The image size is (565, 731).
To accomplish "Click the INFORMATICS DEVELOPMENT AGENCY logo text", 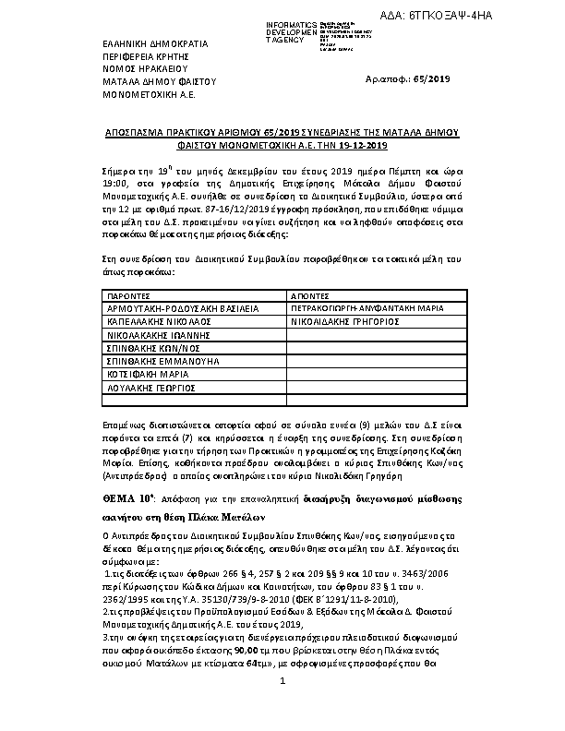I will pyautogui.click(x=291, y=30).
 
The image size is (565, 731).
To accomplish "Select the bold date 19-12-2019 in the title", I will pyautogui.click(x=363, y=145).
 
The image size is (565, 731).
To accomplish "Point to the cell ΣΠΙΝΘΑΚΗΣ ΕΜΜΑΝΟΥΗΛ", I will pyautogui.click(x=162, y=363).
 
